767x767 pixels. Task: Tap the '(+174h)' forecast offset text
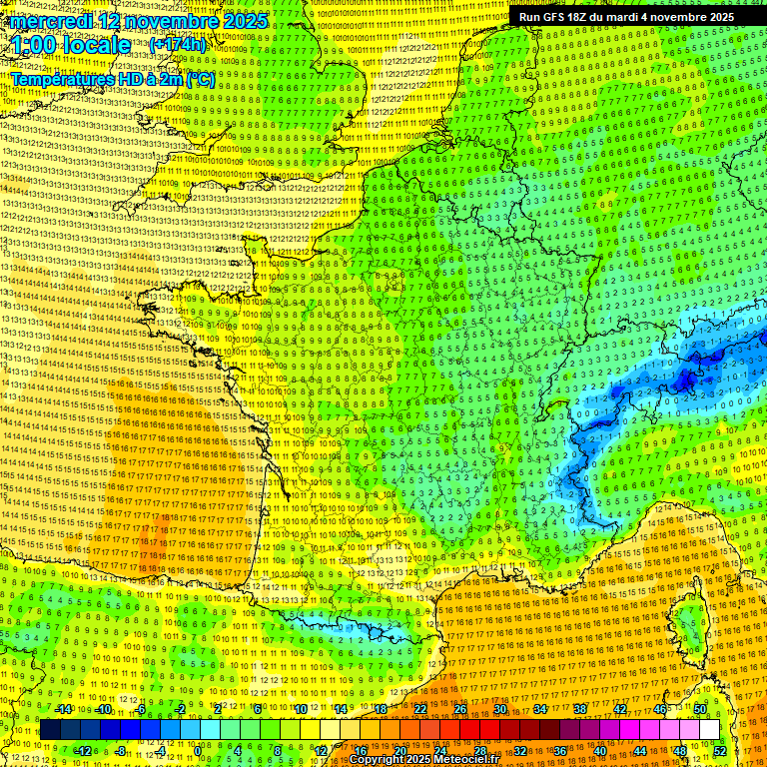click(x=178, y=45)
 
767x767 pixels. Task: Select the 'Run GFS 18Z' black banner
click(x=626, y=17)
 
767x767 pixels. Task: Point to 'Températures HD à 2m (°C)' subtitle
click(x=112, y=79)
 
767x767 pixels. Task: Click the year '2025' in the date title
click(x=245, y=21)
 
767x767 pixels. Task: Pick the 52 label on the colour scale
click(x=719, y=751)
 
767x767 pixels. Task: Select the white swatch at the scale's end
click(x=709, y=730)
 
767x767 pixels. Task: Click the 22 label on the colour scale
click(x=420, y=709)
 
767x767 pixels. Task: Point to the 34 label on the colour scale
click(x=540, y=709)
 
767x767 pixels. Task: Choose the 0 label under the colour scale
click(x=200, y=751)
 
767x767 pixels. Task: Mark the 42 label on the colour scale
click(x=620, y=709)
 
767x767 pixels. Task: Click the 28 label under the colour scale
click(x=480, y=751)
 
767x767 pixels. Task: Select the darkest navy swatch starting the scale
click(x=50, y=730)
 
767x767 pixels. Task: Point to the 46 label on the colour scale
click(x=660, y=709)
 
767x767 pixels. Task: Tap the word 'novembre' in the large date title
click(x=175, y=21)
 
